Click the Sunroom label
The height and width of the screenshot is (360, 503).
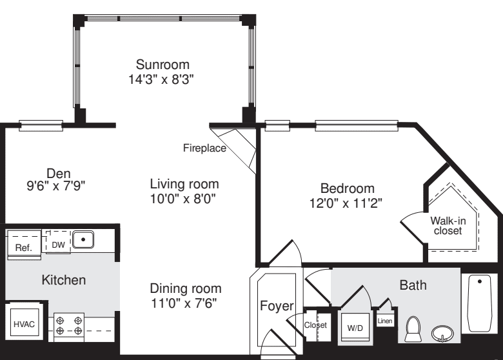point(163,65)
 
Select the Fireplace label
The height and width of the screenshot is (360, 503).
point(204,148)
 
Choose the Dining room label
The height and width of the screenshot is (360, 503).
point(186,288)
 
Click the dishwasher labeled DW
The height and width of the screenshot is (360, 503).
point(57,244)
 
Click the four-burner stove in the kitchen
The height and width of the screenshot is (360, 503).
point(70,325)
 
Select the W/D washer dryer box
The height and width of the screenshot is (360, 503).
point(355,327)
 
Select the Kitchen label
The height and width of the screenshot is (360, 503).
point(63,281)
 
